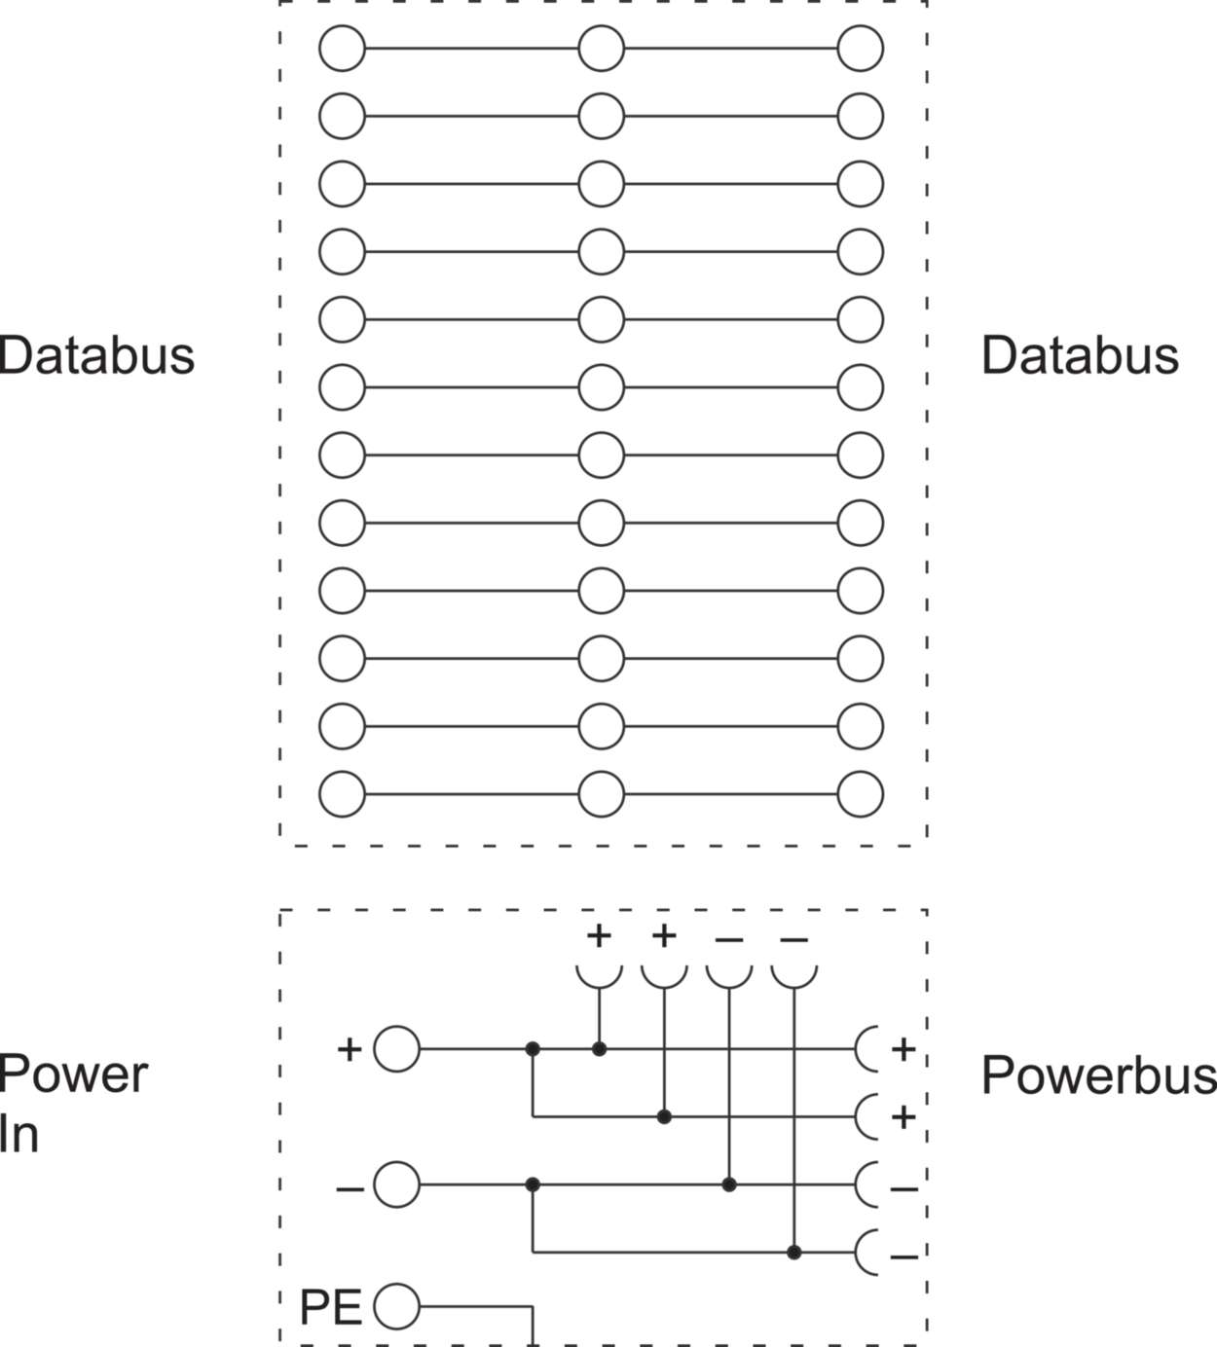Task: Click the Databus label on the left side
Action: (x=97, y=355)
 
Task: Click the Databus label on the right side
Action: (x=1080, y=355)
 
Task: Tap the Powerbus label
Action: (x=1098, y=1075)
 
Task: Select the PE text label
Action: (x=330, y=1307)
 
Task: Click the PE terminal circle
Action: (x=396, y=1306)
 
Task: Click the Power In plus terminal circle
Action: (x=396, y=1049)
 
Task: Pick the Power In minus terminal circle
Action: (x=396, y=1184)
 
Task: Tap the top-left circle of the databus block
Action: (x=342, y=49)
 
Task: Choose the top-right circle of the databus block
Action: (x=861, y=49)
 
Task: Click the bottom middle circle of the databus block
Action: (x=601, y=794)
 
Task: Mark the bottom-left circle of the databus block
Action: (x=342, y=794)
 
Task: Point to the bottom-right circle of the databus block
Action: (x=861, y=794)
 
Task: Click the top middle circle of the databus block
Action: (x=601, y=49)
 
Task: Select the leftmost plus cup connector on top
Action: (x=599, y=973)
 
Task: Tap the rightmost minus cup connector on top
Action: (x=793, y=973)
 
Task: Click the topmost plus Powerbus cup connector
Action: (x=867, y=1049)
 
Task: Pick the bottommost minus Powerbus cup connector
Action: (x=867, y=1253)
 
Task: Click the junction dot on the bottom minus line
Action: (x=794, y=1253)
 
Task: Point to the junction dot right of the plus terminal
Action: (x=533, y=1049)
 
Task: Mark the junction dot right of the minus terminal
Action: (x=533, y=1184)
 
